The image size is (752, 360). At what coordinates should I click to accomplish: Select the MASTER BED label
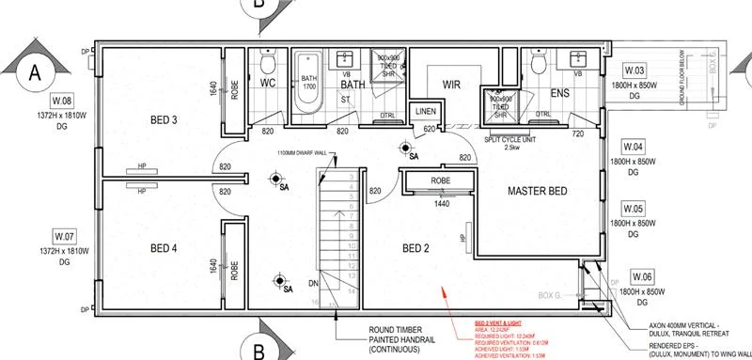pos(537,192)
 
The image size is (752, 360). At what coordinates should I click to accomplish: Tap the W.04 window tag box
pos(635,148)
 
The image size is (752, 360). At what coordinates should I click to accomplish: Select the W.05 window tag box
pos(635,209)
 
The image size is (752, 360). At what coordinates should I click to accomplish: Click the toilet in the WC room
pos(267,64)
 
